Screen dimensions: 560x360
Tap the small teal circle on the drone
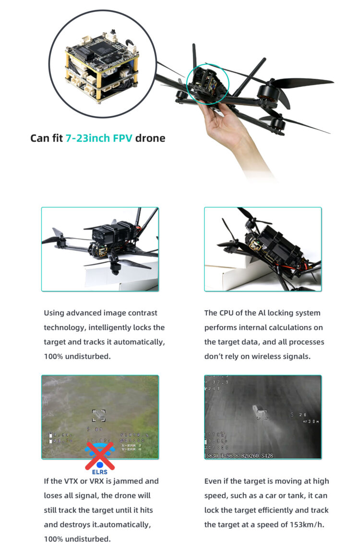coord(208,84)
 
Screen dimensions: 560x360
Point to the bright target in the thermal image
coord(260,412)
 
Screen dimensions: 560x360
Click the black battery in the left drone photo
coord(109,234)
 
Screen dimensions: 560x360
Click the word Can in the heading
coord(39,138)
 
